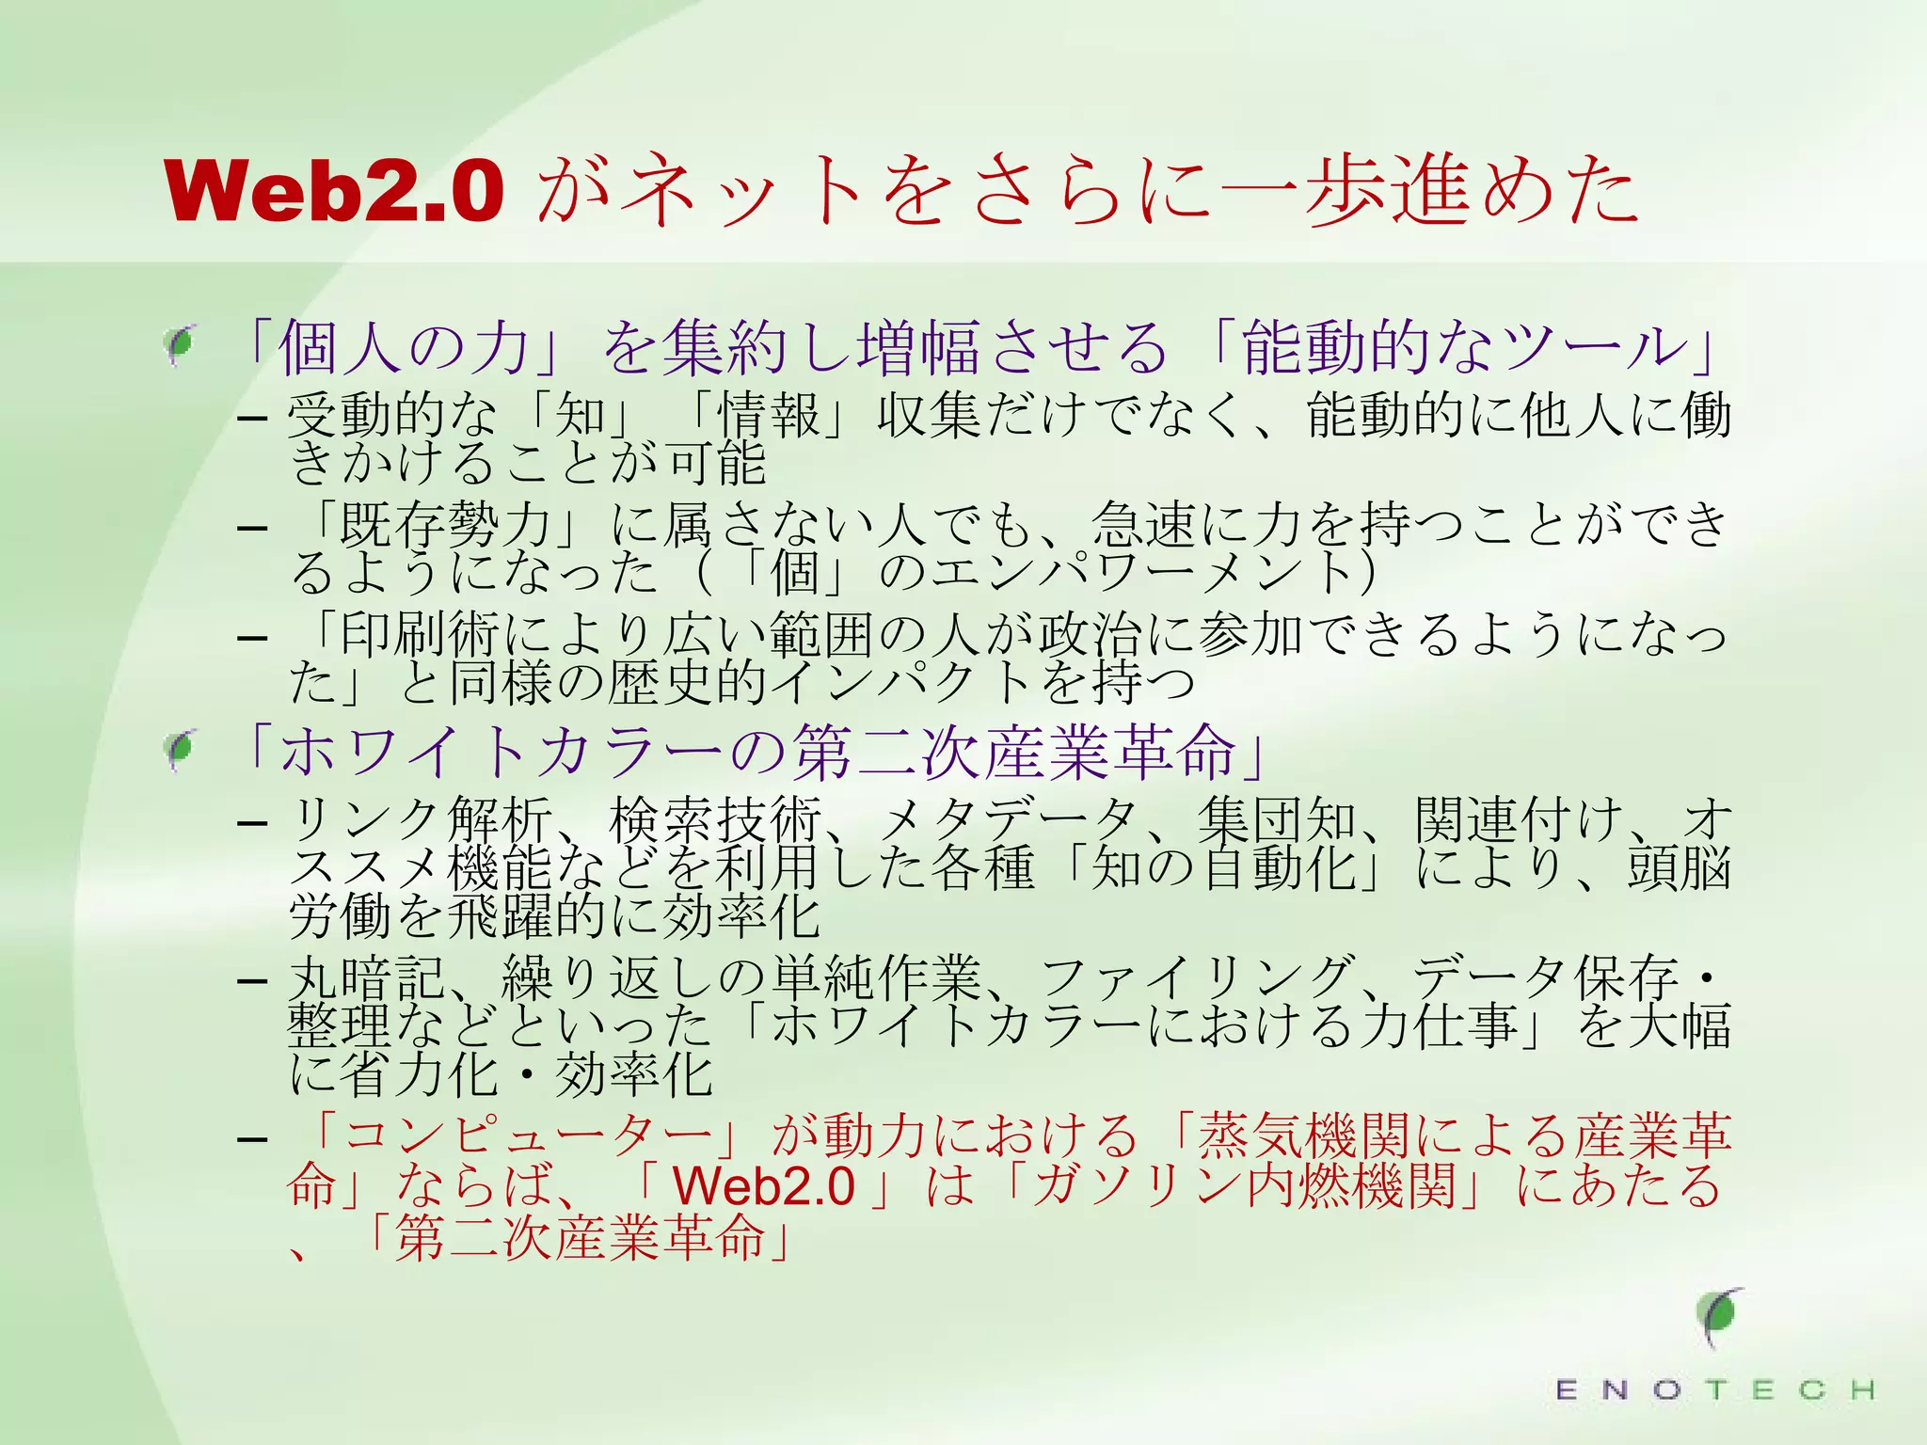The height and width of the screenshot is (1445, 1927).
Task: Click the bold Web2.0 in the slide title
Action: click(x=334, y=191)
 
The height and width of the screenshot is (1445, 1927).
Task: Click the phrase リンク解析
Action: click(x=420, y=820)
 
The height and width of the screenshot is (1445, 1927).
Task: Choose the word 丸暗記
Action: click(x=367, y=978)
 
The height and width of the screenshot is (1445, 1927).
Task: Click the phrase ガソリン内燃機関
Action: click(x=1244, y=1185)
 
